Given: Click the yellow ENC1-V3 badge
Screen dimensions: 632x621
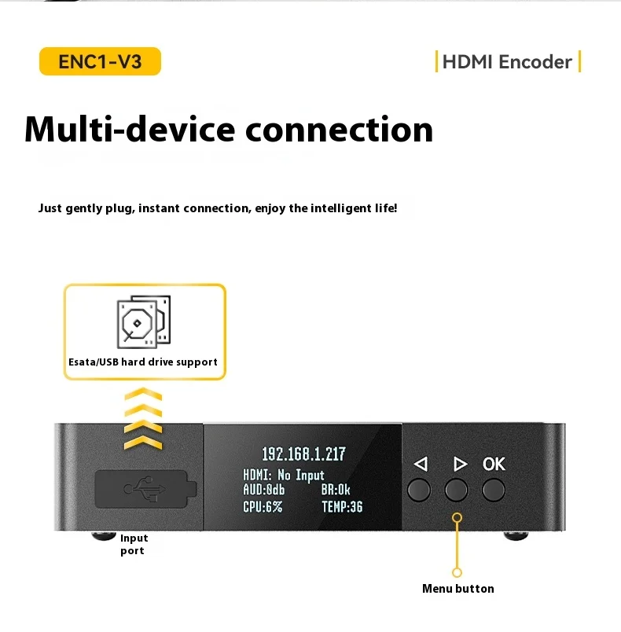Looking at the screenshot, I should point(100,61).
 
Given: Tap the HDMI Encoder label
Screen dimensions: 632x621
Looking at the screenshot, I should point(507,61).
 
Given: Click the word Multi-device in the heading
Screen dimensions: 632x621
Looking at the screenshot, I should point(129,129).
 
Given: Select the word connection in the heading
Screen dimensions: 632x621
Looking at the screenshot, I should point(340,129).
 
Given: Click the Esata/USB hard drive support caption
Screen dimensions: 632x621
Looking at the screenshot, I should point(142,362).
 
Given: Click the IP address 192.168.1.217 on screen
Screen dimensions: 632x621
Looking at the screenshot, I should point(303,454).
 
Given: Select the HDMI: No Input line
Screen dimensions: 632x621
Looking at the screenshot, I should point(284,476).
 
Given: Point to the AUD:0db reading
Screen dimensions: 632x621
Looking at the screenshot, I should point(264,491).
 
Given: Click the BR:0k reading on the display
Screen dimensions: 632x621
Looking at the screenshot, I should point(336,491).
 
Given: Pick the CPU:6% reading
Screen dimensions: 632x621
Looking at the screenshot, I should point(263,507).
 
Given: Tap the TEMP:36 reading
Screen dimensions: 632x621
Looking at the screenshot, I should point(342,507).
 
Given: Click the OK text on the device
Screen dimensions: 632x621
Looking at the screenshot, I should point(494,464).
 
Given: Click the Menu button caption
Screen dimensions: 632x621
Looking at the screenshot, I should point(457,589).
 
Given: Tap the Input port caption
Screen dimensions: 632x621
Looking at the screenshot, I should point(134,544).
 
